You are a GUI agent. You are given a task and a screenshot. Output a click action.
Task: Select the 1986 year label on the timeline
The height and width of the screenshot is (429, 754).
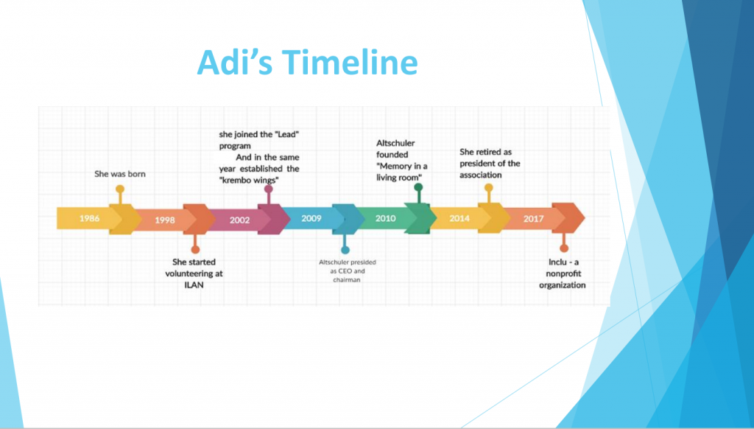pos(90,219)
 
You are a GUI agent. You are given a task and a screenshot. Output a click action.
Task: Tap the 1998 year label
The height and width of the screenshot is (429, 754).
pos(166,219)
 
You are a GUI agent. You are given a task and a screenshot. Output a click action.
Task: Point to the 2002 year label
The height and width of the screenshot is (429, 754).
pos(239,219)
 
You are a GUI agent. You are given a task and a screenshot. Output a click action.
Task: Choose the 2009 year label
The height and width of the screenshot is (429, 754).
pos(311,219)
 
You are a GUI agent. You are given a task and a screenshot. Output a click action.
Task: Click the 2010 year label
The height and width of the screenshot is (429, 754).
pos(386,219)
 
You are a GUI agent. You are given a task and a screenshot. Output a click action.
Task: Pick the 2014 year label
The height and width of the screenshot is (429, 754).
pos(459,219)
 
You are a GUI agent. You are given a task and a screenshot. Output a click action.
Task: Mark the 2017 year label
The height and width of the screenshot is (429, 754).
pos(533,219)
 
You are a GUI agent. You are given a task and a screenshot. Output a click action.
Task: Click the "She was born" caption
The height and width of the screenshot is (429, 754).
pos(120,174)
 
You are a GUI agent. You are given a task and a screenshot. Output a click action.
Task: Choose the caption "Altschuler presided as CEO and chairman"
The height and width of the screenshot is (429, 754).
pos(345,271)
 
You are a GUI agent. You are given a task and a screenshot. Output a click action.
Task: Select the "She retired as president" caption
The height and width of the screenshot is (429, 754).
pos(490,163)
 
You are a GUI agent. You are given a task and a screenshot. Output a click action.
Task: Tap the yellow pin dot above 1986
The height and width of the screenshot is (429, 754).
pos(120,189)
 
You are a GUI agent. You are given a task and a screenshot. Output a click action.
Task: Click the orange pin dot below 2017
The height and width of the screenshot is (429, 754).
pos(564,248)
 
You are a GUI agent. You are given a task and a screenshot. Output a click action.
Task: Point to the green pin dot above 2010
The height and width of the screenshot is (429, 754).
pos(417,188)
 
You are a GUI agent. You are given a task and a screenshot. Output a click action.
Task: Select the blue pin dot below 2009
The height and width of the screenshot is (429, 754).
pos(344,249)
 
